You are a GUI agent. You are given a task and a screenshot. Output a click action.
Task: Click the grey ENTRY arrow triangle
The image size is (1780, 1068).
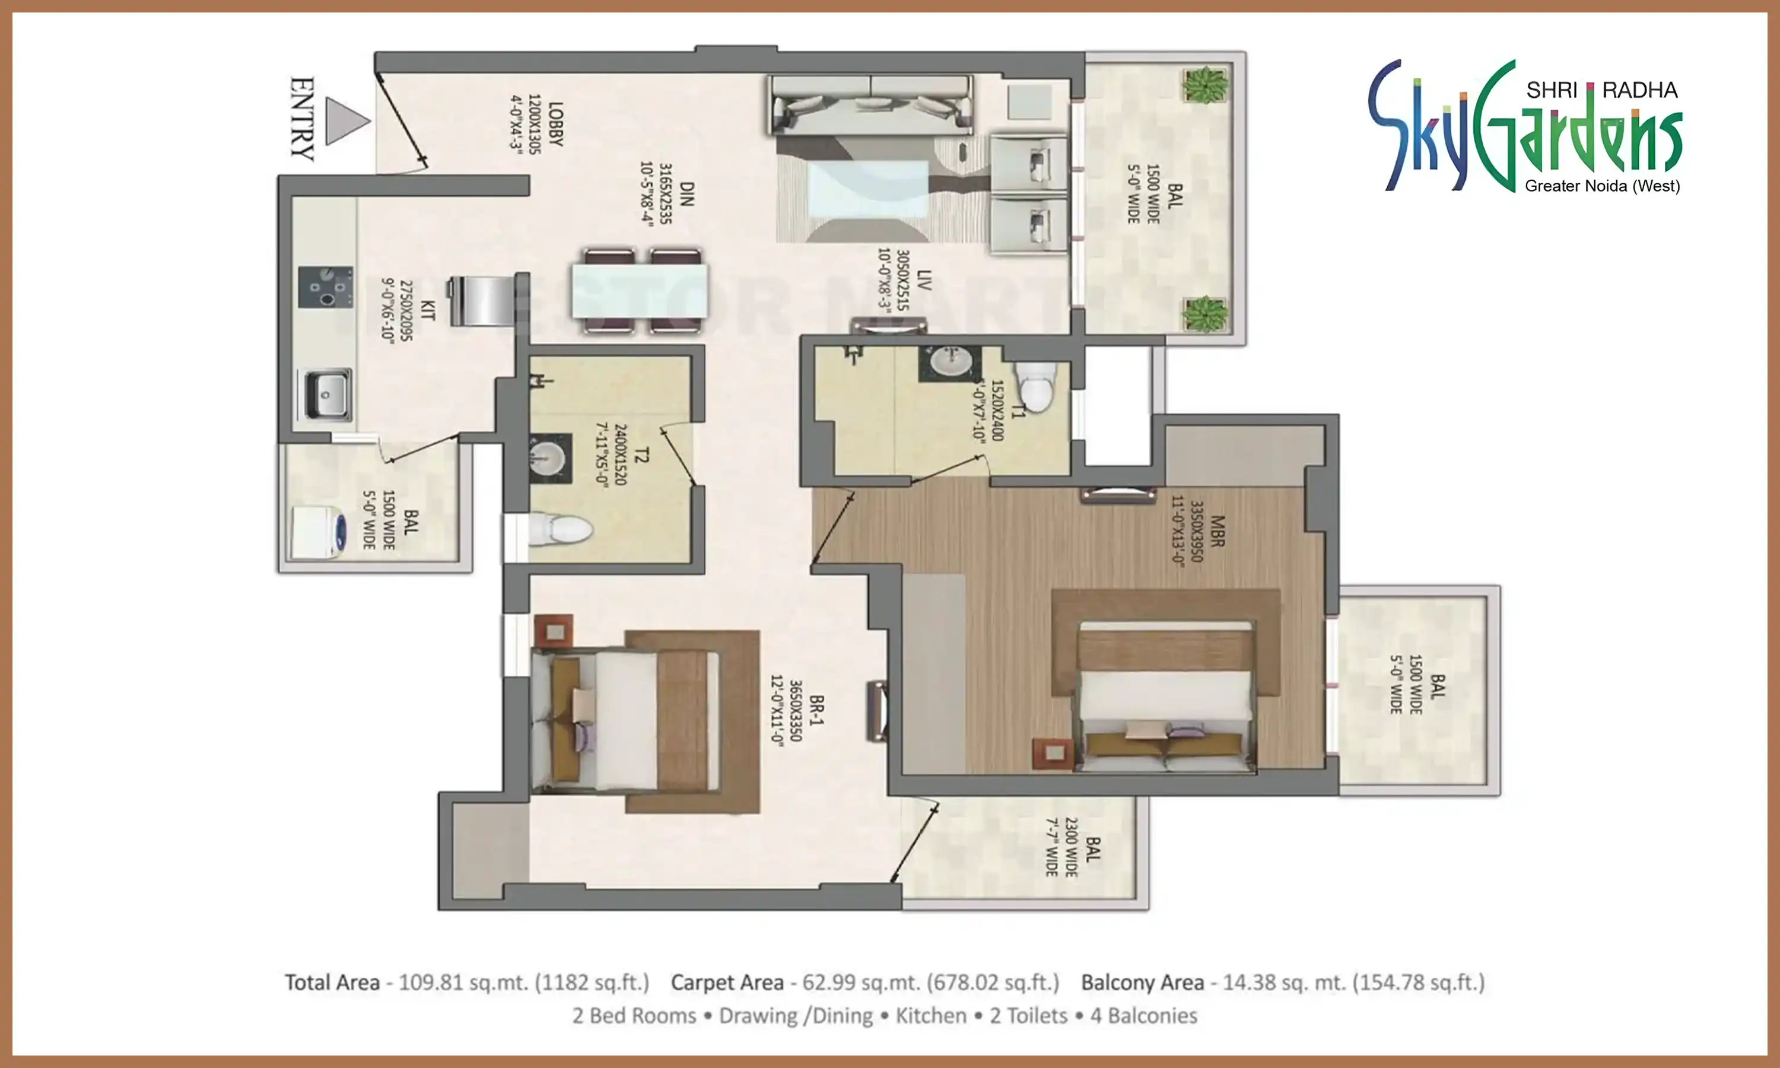345,120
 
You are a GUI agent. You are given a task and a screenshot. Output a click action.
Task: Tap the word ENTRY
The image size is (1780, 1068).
302,119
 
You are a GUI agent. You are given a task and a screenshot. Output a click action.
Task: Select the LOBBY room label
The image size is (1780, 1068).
555,124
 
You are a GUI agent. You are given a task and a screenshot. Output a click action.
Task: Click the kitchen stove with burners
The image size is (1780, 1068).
325,287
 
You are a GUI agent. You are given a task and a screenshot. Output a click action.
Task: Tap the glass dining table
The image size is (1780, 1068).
640,291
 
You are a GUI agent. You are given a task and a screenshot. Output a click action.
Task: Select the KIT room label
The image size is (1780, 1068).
427,311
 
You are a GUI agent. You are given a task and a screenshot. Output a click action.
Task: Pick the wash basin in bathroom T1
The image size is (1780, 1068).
950,363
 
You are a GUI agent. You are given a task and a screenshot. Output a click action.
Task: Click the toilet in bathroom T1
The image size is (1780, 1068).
1037,385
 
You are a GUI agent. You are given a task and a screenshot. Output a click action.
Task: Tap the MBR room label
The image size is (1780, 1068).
1217,531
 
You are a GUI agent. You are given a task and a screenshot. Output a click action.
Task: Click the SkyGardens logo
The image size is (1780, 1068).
1525,128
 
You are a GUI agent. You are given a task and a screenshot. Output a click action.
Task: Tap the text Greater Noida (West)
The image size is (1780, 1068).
1602,186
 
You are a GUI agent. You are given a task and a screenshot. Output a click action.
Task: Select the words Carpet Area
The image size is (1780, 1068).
727,983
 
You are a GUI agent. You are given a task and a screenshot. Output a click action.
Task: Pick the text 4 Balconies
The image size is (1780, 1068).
1143,1015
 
